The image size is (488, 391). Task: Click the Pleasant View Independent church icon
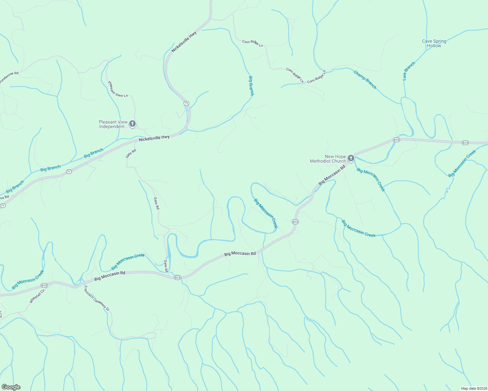132,124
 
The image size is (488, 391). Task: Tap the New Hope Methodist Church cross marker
351,159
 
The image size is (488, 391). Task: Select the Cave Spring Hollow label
434,43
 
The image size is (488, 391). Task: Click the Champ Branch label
365,80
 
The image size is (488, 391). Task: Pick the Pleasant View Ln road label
118,89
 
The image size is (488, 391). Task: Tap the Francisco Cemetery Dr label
97,298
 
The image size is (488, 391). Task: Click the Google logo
11,387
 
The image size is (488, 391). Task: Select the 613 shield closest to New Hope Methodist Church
396,140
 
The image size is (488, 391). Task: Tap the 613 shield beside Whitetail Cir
44,285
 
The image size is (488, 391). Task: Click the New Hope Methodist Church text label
328,159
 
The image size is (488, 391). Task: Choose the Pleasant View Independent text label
113,124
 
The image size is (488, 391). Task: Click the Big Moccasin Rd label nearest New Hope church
331,175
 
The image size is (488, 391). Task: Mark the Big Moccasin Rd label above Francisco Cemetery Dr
110,276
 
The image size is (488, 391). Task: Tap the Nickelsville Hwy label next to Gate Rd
154,138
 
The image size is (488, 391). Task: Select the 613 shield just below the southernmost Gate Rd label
177,278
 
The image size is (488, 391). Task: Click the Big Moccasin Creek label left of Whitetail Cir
28,280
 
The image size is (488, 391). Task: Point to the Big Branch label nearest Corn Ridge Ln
251,86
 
